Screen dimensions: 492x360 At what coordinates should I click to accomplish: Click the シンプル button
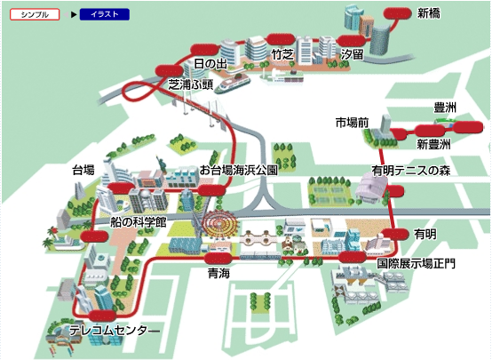pyautogui.click(x=35, y=14)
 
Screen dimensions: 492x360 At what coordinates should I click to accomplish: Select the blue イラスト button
pyautogui.click(x=105, y=14)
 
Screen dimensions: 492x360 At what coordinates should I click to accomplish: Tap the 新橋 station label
pyautogui.click(x=428, y=13)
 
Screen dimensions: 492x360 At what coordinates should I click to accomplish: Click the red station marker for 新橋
pyautogui.click(x=397, y=13)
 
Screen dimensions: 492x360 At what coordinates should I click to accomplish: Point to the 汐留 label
pyautogui.click(x=353, y=54)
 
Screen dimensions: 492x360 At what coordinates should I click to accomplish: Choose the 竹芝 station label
pyautogui.click(x=282, y=55)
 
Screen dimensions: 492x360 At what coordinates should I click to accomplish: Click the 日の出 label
pyautogui.click(x=210, y=64)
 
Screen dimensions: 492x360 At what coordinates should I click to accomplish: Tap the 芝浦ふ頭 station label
pyautogui.click(x=191, y=84)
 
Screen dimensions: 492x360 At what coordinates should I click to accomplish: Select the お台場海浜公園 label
pyautogui.click(x=239, y=171)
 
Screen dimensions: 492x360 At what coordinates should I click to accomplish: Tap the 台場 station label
pyautogui.click(x=83, y=170)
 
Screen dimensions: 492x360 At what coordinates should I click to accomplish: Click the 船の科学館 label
pyautogui.click(x=138, y=222)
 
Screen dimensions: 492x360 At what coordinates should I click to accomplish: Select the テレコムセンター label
pyautogui.click(x=115, y=331)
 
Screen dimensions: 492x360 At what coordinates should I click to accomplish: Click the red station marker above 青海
pyautogui.click(x=218, y=259)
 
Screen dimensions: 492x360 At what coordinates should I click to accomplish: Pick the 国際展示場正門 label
pyautogui.click(x=416, y=263)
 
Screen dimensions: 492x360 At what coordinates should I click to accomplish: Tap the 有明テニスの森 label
pyautogui.click(x=411, y=171)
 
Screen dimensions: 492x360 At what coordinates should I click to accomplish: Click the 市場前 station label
pyautogui.click(x=352, y=123)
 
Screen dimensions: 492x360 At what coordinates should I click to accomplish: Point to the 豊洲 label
pyautogui.click(x=445, y=108)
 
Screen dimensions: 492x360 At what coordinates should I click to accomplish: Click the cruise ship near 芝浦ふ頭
pyautogui.click(x=234, y=83)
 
